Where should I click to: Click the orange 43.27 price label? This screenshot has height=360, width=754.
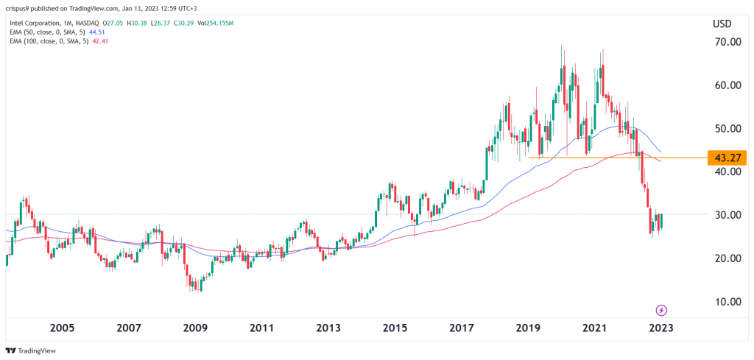pyautogui.click(x=726, y=158)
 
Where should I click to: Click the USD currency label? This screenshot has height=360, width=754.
pyautogui.click(x=722, y=24)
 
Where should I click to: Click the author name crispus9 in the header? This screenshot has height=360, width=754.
pyautogui.click(x=22, y=8)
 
